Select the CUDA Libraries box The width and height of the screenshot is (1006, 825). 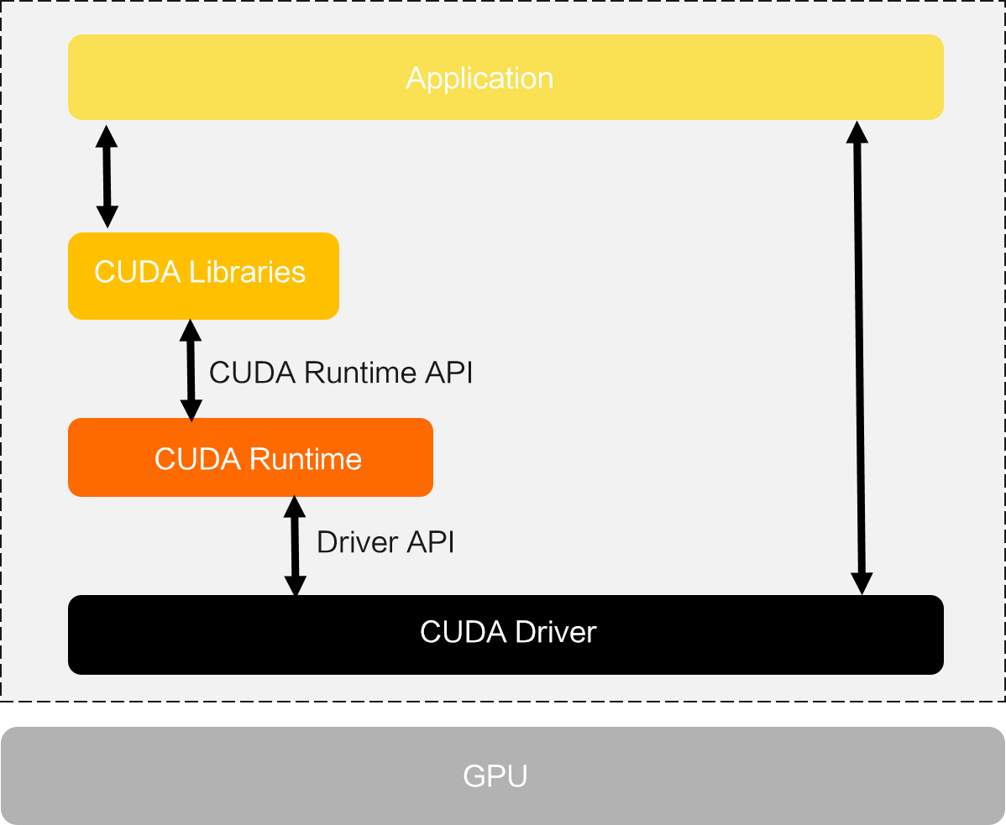[203, 275]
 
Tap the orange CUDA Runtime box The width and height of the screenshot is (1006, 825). [250, 457]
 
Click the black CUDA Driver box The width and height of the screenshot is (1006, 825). [506, 634]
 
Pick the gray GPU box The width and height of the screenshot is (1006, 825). [502, 775]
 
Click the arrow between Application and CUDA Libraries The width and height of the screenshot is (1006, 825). [107, 176]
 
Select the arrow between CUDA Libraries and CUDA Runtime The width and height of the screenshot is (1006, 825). [191, 369]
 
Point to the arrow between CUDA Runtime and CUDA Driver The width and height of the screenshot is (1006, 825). [294, 546]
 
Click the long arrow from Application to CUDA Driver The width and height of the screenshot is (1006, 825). [859, 358]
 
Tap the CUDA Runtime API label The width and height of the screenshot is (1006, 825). [340, 373]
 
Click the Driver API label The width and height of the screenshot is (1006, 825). [385, 543]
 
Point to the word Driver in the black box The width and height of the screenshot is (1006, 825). [555, 631]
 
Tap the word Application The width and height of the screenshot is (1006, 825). [479, 78]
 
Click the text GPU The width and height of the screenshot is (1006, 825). [495, 775]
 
